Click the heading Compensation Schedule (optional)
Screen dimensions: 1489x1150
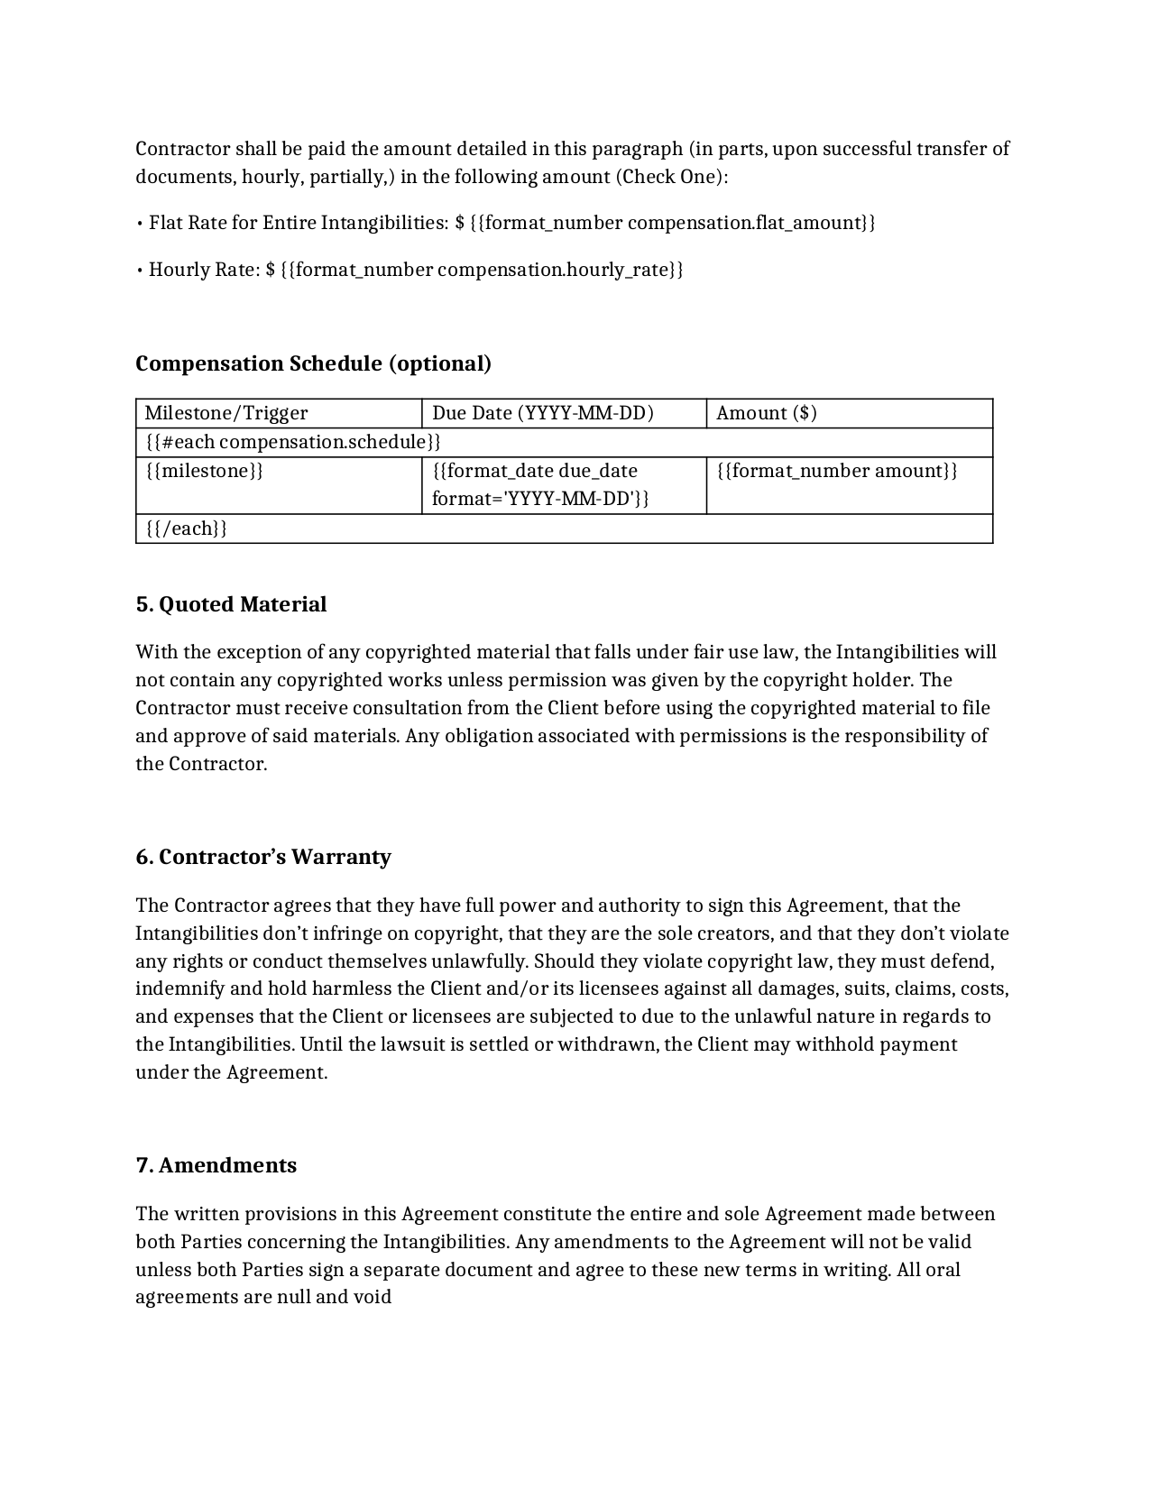[313, 363]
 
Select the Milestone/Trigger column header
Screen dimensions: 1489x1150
[226, 413]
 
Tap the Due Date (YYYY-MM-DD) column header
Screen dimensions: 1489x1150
[543, 413]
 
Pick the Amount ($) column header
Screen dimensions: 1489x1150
[767, 413]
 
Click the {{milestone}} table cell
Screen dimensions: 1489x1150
[204, 471]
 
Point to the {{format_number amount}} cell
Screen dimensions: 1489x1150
[836, 471]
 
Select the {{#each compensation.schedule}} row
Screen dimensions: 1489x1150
[293, 442]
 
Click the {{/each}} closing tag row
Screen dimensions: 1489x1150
[186, 529]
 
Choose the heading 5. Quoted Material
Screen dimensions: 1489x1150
[231, 604]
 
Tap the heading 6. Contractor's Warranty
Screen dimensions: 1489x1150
[263, 857]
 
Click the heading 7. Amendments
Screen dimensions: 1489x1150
[216, 1165]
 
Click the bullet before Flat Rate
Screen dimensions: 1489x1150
[140, 223]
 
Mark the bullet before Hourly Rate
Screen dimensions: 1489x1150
[140, 270]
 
